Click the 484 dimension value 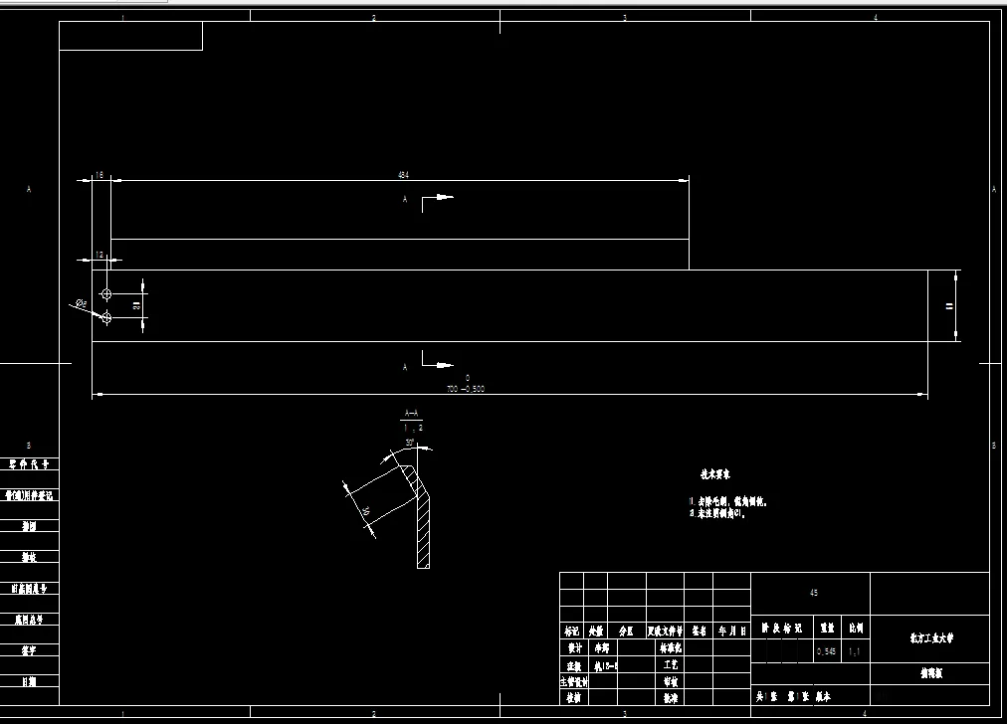point(403,175)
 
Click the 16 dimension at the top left point(100,175)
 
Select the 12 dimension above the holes point(100,256)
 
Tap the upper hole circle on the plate point(106,294)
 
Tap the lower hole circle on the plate point(106,317)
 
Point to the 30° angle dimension point(409,444)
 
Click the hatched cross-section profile point(423,527)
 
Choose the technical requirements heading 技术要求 point(714,475)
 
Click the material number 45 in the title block point(814,593)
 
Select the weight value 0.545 point(826,652)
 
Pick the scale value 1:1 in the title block point(854,652)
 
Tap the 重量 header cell point(826,629)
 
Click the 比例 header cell point(855,629)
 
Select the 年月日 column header point(730,631)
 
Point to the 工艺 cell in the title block point(671,663)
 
